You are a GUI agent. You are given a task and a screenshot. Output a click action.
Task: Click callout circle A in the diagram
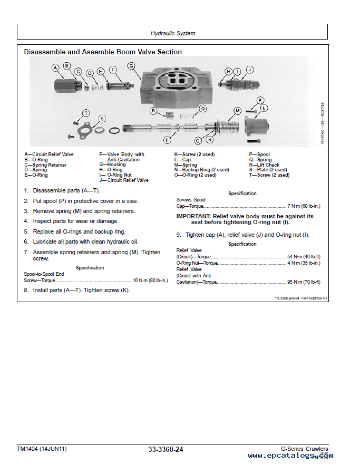pos(56,67)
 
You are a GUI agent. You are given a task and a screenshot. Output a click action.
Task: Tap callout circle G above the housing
pos(131,66)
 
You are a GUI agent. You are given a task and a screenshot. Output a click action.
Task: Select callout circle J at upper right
pos(250,70)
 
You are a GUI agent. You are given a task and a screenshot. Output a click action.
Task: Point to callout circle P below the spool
pos(167,140)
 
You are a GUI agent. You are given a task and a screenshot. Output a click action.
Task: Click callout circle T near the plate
pos(86,112)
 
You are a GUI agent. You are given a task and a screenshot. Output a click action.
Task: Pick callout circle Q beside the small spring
pos(203,109)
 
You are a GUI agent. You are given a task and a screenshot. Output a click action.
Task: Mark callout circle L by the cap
pos(264,108)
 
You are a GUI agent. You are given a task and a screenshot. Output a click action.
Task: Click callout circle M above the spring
pos(237,110)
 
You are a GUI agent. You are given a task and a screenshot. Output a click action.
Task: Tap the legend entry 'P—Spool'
pos(259,154)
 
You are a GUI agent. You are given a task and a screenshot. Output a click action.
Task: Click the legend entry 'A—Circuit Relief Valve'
pos(49,154)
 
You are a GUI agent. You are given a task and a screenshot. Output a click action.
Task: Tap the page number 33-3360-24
pos(166,449)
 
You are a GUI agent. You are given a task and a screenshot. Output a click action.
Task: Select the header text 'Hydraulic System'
pos(173,33)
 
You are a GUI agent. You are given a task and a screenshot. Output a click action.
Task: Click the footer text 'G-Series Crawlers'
pos(304,449)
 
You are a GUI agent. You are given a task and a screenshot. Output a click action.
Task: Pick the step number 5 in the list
pos(26,231)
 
